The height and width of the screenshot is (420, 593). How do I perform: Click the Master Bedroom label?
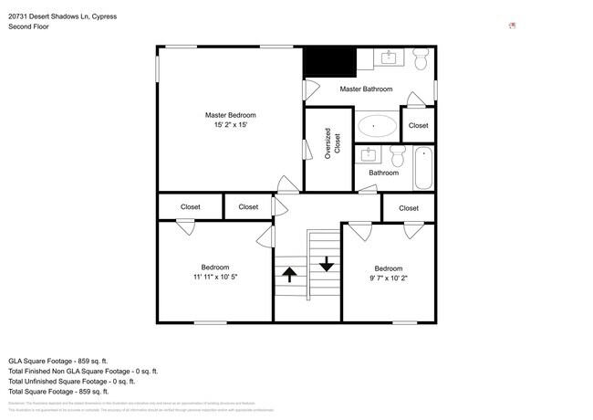pyautogui.click(x=230, y=115)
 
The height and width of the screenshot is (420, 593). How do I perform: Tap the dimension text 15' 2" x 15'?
pyautogui.click(x=230, y=125)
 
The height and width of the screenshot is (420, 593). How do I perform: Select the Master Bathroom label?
pyautogui.click(x=366, y=89)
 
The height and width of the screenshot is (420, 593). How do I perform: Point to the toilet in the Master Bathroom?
pyautogui.click(x=421, y=61)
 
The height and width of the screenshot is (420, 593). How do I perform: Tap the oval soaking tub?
pyautogui.click(x=377, y=125)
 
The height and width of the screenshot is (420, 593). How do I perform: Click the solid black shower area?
pyautogui.click(x=328, y=63)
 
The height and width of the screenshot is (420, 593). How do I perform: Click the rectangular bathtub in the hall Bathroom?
pyautogui.click(x=423, y=168)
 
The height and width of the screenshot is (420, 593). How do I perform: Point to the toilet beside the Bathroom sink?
pyautogui.click(x=398, y=153)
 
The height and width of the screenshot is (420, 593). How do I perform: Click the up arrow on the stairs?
pyautogui.click(x=289, y=274)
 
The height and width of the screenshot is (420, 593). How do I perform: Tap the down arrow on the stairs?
pyautogui.click(x=326, y=264)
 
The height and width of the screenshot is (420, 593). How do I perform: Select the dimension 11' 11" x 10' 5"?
pyautogui.click(x=215, y=277)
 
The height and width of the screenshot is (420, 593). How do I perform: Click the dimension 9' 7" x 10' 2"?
pyautogui.click(x=389, y=278)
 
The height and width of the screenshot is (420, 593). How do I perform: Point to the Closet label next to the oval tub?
pyautogui.click(x=419, y=125)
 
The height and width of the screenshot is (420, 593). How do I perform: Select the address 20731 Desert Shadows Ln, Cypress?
pyautogui.click(x=62, y=16)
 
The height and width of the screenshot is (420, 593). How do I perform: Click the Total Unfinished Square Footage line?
pyautogui.click(x=80, y=383)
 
